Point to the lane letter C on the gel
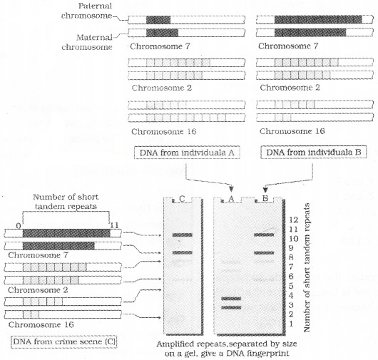tap(183, 200)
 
